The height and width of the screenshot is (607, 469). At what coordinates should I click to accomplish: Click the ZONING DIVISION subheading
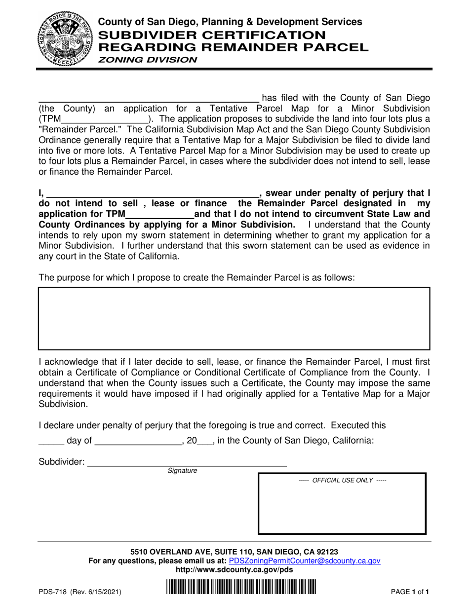(x=147, y=60)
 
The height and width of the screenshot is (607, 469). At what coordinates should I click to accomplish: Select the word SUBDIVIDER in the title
(x=144, y=35)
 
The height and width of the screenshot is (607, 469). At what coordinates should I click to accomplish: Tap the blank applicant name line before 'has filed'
(x=148, y=98)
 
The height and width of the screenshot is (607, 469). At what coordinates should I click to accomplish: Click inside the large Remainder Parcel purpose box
(x=234, y=319)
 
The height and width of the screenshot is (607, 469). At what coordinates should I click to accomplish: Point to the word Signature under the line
(x=182, y=471)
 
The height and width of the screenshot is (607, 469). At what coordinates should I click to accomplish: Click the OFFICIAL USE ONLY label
(x=343, y=480)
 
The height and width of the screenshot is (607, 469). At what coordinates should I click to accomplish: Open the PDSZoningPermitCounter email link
(x=305, y=561)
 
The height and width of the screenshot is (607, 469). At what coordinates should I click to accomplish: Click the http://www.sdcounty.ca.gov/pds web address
(x=234, y=569)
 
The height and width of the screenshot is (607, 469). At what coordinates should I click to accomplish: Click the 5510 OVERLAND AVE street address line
(x=234, y=552)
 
